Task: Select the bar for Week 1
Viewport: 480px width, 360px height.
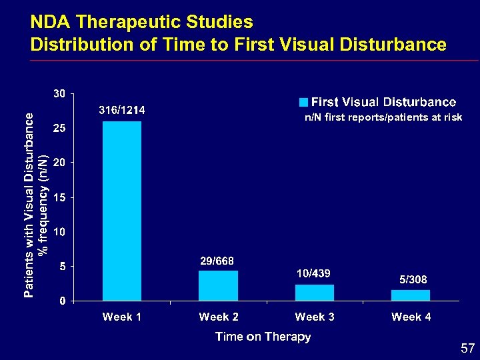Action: click(122, 211)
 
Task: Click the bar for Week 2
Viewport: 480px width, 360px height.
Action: click(218, 285)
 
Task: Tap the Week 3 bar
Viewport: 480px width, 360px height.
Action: click(315, 293)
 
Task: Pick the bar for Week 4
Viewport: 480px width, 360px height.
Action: click(411, 295)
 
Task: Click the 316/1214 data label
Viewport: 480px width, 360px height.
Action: click(123, 110)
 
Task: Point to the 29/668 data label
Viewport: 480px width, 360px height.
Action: click(217, 260)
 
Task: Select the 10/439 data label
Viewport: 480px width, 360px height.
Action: click(313, 274)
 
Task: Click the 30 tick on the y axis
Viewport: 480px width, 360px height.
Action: click(59, 94)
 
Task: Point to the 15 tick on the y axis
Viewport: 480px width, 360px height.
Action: click(59, 197)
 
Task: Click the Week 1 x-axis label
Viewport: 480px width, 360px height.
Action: click(122, 317)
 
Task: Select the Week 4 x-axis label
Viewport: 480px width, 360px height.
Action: click(411, 317)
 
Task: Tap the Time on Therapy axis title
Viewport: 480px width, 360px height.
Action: click(263, 337)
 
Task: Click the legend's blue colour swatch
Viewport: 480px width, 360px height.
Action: click(303, 103)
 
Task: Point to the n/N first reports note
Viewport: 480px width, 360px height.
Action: click(383, 117)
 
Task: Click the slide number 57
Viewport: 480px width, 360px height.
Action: click(468, 349)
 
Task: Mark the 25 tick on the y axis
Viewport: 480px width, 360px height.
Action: click(59, 128)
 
